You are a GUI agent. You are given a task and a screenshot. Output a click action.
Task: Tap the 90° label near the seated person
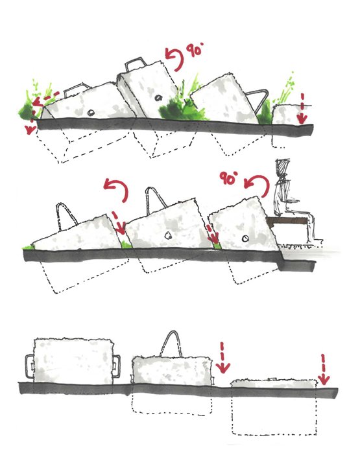(229, 178)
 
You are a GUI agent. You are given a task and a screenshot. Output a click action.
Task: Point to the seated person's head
(282, 168)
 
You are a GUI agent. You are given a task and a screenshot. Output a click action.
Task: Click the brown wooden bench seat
(287, 221)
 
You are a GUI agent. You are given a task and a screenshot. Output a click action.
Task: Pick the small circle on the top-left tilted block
(91, 112)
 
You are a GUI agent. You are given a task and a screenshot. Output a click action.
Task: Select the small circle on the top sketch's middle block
(158, 97)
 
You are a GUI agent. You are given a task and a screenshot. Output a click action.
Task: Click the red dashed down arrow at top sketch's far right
(302, 108)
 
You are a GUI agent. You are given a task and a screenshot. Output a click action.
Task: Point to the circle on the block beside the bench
(245, 239)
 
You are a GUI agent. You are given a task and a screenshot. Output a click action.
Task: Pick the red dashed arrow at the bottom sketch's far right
(323, 369)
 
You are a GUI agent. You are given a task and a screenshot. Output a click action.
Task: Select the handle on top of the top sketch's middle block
(136, 64)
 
